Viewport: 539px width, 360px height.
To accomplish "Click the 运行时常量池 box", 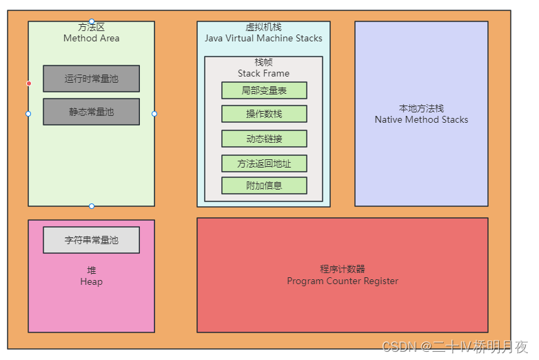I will pos(91,79).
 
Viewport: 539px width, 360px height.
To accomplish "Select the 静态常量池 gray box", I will pos(91,112).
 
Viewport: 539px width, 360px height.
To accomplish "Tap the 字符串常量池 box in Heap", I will pos(91,240).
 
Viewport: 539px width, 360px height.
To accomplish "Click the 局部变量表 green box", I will pos(264,90).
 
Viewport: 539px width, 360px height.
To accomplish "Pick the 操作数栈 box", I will pos(264,114).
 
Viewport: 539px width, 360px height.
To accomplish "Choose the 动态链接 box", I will pos(264,139).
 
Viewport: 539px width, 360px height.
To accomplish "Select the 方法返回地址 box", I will pos(264,163).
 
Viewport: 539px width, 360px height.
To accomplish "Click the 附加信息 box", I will pos(264,186).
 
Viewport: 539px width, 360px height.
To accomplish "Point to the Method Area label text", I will pos(91,39).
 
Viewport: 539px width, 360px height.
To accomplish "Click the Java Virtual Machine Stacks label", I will pos(263,39).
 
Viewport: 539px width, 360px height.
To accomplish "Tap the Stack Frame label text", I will pos(263,73).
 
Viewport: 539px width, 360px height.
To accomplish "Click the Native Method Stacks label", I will pos(421,119).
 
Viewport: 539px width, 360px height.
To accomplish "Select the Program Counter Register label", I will pos(343,281).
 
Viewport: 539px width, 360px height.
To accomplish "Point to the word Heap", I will pos(91,281).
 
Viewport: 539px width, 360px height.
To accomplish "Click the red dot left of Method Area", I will pos(29,83).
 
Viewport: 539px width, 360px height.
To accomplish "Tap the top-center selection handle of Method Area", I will pos(92,21).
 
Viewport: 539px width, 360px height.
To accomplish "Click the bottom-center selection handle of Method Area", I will pos(92,206).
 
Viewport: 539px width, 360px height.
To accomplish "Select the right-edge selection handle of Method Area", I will pos(154,114).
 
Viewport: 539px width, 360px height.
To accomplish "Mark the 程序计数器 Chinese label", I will pos(343,269).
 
